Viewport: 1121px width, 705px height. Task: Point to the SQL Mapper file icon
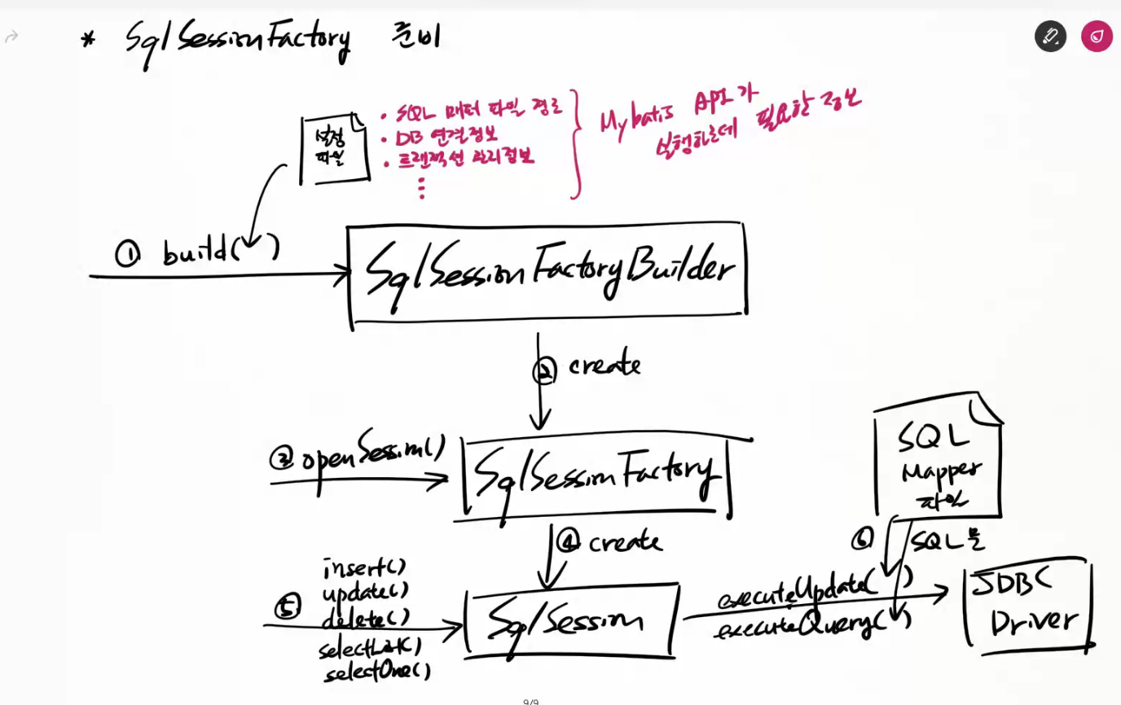click(x=938, y=459)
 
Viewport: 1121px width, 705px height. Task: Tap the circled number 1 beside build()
click(x=128, y=255)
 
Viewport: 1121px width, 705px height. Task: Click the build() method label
click(x=220, y=250)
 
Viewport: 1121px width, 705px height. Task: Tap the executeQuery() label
click(x=811, y=625)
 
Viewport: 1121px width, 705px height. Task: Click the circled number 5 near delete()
click(x=288, y=606)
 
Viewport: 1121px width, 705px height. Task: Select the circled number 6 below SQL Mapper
click(x=862, y=538)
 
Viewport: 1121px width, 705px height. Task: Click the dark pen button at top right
click(x=1050, y=37)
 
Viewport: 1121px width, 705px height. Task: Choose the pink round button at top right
click(x=1097, y=37)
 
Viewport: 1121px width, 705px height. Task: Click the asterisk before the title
click(x=88, y=39)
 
